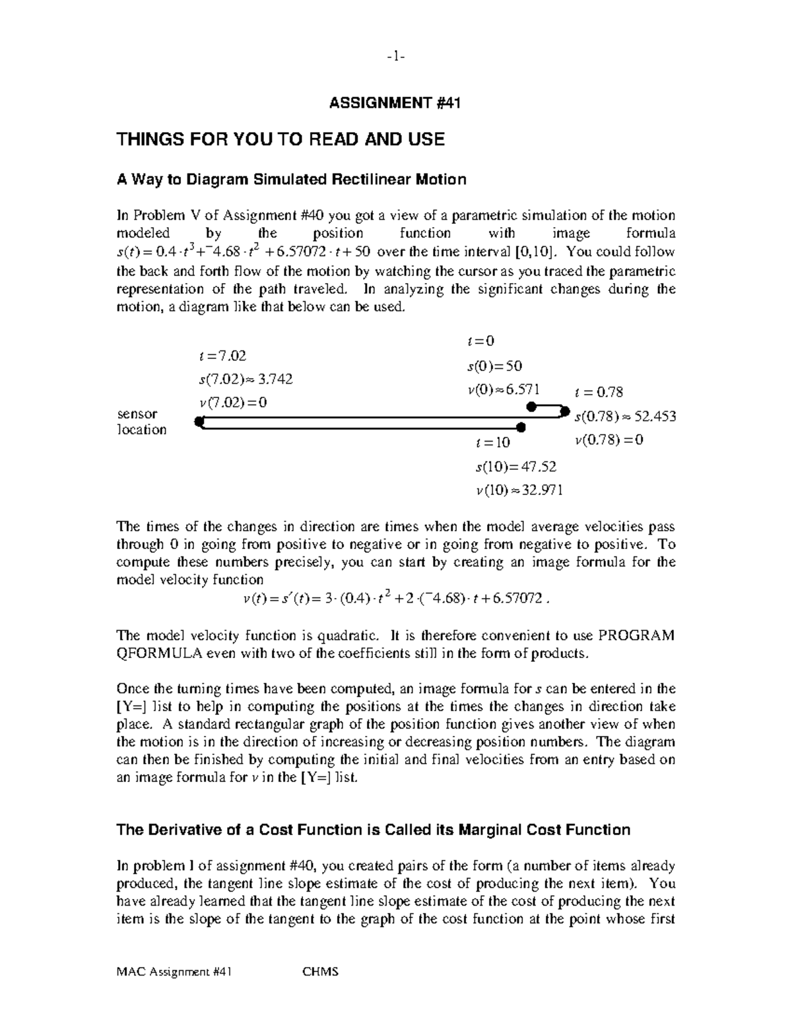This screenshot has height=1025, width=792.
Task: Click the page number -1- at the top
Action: click(x=395, y=57)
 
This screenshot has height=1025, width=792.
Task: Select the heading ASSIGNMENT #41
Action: click(x=395, y=103)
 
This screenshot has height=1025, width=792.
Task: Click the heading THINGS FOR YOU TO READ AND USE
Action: click(x=280, y=139)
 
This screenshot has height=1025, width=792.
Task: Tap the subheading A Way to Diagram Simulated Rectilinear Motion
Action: click(x=291, y=180)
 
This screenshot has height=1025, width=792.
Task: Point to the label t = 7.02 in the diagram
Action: click(x=222, y=356)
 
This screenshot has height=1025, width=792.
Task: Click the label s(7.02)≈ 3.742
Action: click(x=246, y=380)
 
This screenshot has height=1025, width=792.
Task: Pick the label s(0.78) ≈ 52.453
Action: click(x=625, y=416)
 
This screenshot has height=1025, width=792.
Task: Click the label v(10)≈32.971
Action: click(x=519, y=490)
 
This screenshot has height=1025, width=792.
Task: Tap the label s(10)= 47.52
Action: click(x=515, y=467)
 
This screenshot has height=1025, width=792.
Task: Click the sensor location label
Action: click(x=141, y=422)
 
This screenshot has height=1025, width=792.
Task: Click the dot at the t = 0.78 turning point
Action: click(x=564, y=411)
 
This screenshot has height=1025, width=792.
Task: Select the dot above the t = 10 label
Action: click(x=521, y=428)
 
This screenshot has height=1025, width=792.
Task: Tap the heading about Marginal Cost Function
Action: click(x=373, y=830)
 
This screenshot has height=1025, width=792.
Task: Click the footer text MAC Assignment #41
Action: click(x=174, y=972)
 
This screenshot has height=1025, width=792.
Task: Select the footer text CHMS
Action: click(x=320, y=972)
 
